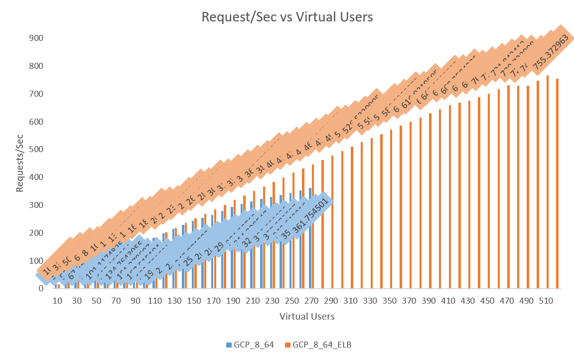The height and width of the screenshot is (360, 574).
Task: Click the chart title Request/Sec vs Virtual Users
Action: tap(287, 17)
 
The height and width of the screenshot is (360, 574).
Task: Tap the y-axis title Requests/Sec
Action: tap(20, 163)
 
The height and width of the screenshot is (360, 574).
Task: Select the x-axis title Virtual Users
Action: tap(306, 316)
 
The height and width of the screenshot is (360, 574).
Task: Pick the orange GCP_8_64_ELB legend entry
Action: tap(318, 345)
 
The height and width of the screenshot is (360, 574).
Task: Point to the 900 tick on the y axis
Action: tap(37, 38)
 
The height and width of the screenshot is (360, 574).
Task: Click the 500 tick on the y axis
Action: tap(37, 150)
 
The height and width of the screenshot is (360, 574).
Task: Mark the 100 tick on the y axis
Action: tap(37, 261)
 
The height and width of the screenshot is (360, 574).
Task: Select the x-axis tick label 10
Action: tap(57, 302)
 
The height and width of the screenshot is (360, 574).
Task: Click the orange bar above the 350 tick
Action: tap(391, 209)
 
